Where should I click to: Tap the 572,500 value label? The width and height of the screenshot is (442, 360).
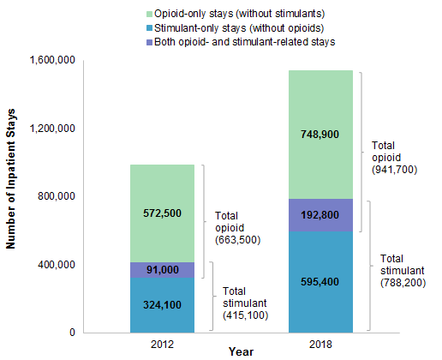(162, 213)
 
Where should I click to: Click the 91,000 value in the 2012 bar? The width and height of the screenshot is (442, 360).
(162, 270)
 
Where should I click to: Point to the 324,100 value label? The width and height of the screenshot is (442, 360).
(162, 304)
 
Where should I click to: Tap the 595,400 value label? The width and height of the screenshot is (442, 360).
(320, 280)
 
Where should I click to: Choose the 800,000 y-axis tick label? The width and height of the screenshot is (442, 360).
(57, 196)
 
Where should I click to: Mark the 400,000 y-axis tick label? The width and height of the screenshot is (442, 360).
(57, 265)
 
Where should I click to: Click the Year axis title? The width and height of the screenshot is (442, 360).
(241, 351)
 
